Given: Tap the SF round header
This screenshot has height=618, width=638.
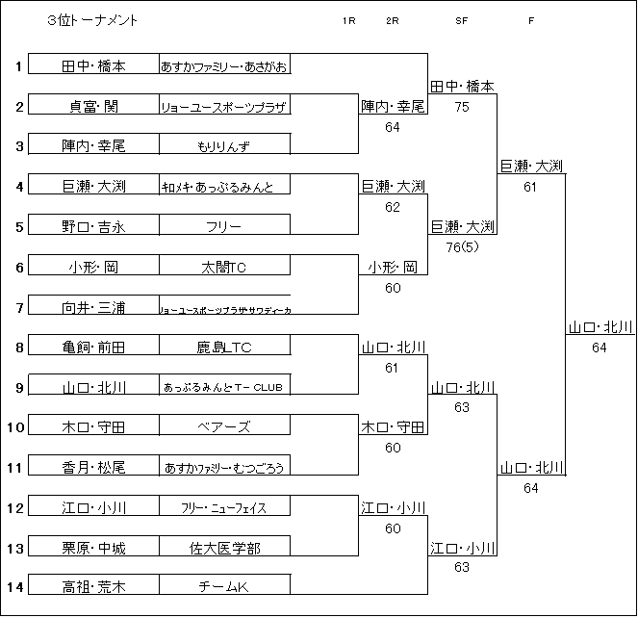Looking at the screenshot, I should pos(462,20).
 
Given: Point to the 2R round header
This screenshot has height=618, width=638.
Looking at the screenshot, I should pos(392,20).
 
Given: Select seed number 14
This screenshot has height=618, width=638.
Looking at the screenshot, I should pos(18,586).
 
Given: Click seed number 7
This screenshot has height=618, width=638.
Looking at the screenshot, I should pos(18,307).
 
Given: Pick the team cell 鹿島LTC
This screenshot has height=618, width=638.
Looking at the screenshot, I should pos(224,348).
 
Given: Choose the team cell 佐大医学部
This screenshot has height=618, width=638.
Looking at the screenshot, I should pos(224,549).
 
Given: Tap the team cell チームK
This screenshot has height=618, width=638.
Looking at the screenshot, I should pos(224,586).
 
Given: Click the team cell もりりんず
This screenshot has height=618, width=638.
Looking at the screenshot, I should pos(224,146).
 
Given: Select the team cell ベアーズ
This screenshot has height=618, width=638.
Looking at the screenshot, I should pos(224,427).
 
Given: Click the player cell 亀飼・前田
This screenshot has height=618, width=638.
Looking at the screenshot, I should pos(93,348).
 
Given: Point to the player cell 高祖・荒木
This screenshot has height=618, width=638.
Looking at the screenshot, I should pos(93,586).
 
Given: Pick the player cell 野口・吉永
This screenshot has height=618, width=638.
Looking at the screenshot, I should pos(93,227).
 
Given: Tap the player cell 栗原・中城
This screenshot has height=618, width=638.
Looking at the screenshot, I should pos(93,549).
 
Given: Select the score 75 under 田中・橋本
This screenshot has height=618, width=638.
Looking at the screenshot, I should pos(462,107).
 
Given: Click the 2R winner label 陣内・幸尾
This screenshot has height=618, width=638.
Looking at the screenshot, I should pos(393,107).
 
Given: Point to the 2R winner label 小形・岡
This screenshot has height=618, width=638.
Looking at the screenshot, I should pos(393,268).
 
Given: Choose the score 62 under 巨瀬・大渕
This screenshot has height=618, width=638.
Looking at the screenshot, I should pos(393,207).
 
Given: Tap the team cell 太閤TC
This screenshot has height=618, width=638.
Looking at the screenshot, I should pos(224,268).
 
